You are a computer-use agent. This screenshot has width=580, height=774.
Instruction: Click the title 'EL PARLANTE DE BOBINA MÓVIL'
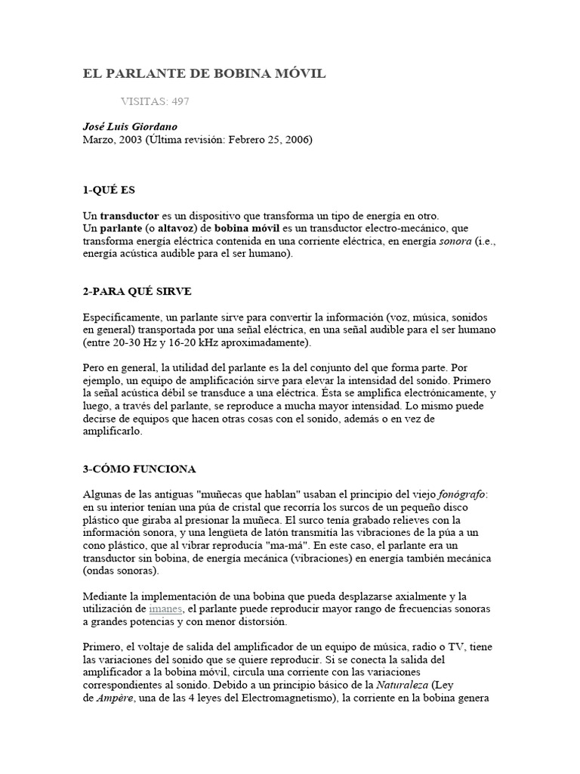click(x=204, y=73)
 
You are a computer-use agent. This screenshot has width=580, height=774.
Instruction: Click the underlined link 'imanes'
click(x=165, y=609)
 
